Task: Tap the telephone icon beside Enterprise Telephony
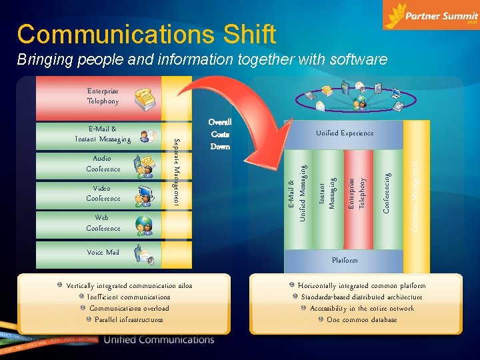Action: coord(145,97)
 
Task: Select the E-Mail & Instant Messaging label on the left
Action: coord(103,134)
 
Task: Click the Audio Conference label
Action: coord(103,164)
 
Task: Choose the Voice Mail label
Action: coord(103,253)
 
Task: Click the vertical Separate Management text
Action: coord(177,171)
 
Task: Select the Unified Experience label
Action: coord(344,133)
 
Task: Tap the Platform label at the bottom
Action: coord(345,260)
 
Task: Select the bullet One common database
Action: coord(361,320)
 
